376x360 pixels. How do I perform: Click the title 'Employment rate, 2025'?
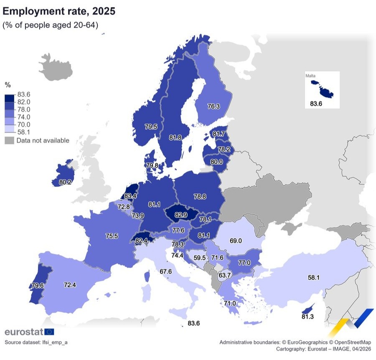pos(58,11)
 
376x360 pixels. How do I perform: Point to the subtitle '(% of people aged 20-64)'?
pos(51,25)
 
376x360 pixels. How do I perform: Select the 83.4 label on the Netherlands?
pos(130,195)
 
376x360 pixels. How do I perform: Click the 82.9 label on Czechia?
pos(181,214)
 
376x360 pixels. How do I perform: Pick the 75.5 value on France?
pos(112,236)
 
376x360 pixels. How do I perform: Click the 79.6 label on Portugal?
pos(37,286)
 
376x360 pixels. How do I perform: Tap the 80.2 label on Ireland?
pos(65,182)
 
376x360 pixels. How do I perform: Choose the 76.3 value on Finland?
pos(213,106)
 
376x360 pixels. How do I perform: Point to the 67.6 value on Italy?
pos(166,271)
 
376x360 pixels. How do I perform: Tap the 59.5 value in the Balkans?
pos(199,258)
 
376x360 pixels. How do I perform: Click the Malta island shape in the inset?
pos(322,88)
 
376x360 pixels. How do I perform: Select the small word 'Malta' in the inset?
pos(310,76)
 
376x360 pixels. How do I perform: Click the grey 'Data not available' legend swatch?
pos(9,141)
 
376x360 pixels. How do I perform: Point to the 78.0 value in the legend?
pos(23,109)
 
